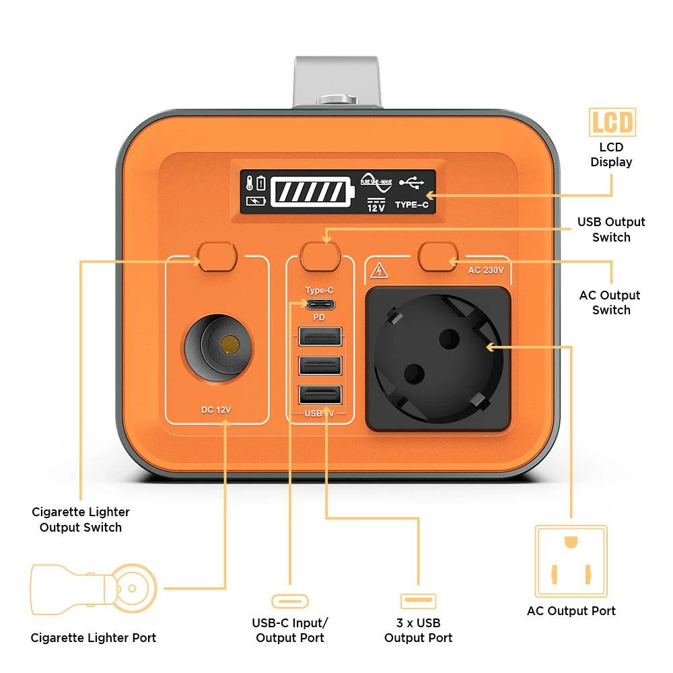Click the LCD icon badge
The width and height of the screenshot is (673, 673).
coord(612,122)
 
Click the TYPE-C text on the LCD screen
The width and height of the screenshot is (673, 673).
coord(411,205)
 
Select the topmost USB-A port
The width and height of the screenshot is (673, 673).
coord(320,336)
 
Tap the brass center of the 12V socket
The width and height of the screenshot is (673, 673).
coord(229,346)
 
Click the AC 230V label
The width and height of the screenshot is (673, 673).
coord(486,271)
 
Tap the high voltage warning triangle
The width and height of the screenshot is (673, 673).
coord(379,271)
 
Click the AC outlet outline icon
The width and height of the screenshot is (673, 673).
coord(571,561)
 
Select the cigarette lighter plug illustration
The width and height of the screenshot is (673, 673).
coord(94,590)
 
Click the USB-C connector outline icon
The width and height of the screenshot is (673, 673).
coord(290,601)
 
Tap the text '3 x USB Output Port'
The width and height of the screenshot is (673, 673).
coord(418,630)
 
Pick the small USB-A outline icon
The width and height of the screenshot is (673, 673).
coord(418,601)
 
